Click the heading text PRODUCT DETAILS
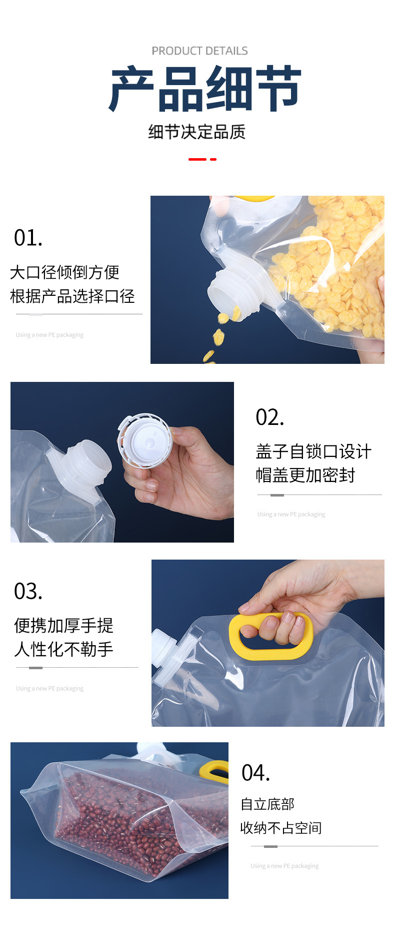pos(199,51)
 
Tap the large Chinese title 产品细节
pos(205,89)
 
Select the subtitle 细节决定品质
pos(197,132)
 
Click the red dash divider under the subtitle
pos(202,159)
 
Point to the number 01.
pos(28,238)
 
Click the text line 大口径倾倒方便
pos(64,272)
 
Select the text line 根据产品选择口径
pos(72,296)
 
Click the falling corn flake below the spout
pos(218,337)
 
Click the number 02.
pos(269,417)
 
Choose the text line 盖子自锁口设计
pos(313,451)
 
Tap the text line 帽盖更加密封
pos(305,475)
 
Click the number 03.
pos(28,592)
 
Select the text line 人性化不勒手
pos(64,649)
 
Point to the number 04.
pos(255,773)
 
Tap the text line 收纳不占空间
pos(281,828)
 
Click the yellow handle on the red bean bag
pos(213,771)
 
